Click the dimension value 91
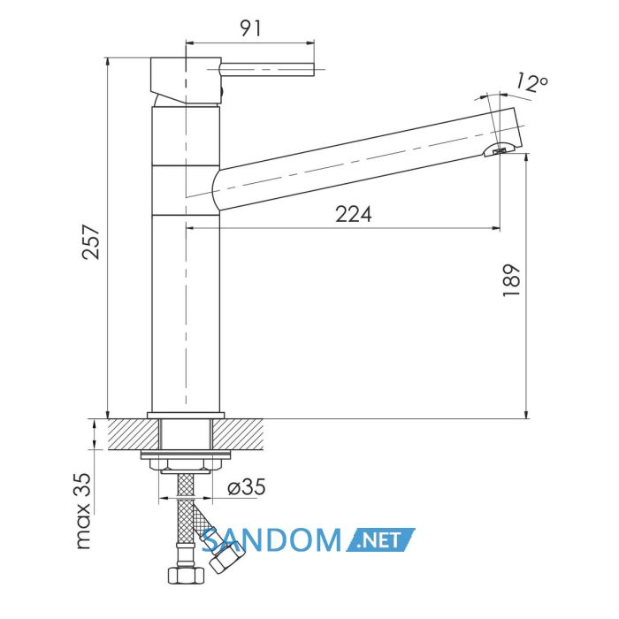pos(251,28)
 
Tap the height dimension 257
pos(91,241)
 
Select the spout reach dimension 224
pos(354,215)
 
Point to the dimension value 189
pos(512,280)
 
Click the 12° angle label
pos(531,83)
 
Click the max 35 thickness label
pos(83,511)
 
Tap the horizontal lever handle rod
pos(266,70)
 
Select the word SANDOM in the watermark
pos(271,540)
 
